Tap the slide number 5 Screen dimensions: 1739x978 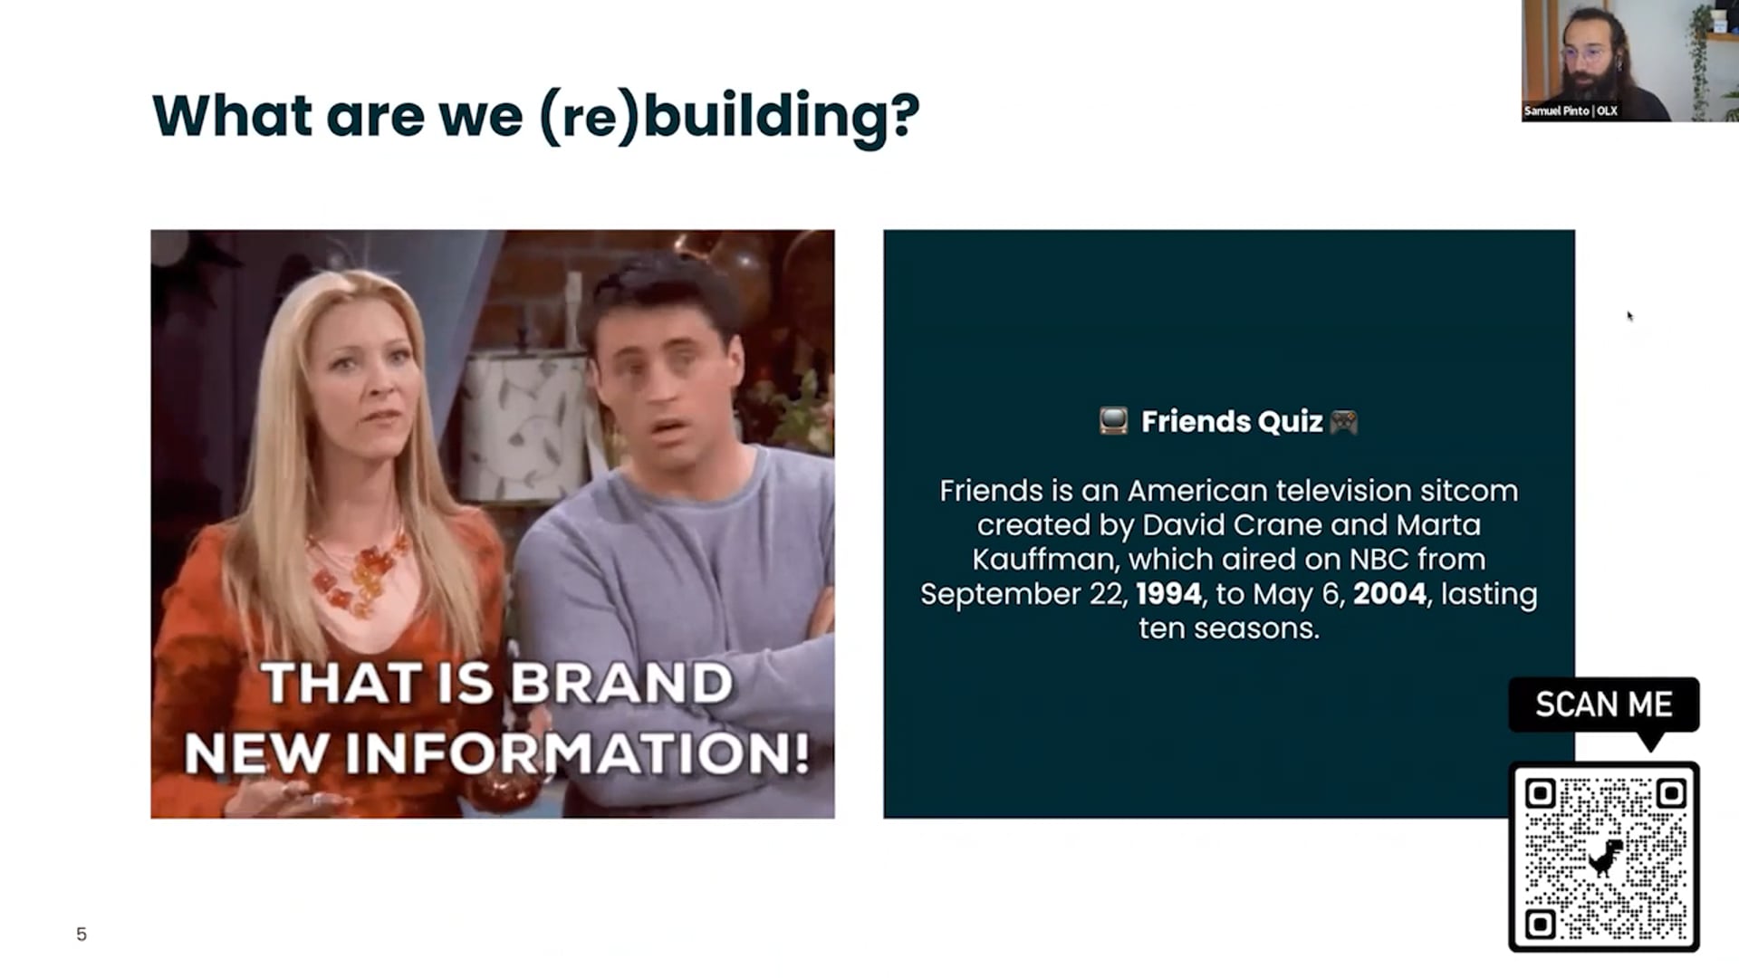pos(82,935)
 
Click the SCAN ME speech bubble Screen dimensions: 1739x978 pos(1604,705)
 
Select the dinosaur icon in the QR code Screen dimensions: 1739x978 pos(1604,858)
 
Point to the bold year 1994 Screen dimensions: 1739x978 pos(1168,594)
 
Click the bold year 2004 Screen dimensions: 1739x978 pos(1389,594)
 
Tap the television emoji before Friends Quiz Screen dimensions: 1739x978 pos(1113,421)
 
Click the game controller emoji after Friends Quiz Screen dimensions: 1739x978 pos(1343,421)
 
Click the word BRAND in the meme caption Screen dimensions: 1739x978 pos(621,683)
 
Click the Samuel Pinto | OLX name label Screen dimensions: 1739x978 pos(1571,110)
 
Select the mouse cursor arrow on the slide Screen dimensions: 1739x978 pos(1630,316)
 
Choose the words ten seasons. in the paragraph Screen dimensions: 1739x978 pos(1229,628)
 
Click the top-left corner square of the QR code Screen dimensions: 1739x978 pos(1541,793)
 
